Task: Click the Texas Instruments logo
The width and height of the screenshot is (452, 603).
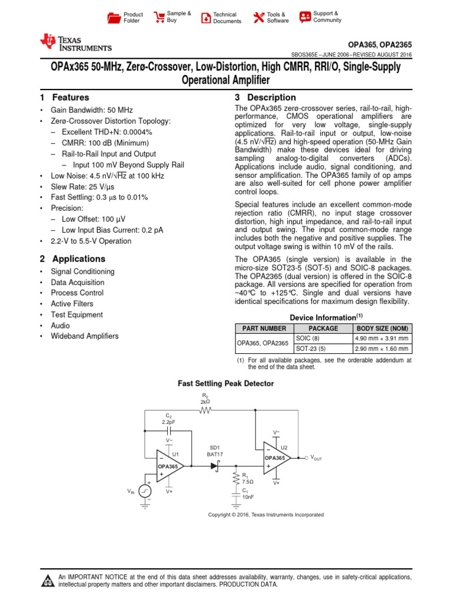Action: (75, 43)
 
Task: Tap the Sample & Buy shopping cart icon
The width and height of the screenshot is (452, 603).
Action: (159, 17)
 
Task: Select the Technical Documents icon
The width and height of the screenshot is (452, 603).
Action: (205, 18)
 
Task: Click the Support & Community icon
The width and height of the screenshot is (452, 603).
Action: (305, 17)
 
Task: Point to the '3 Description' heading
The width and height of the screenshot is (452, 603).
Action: (265, 98)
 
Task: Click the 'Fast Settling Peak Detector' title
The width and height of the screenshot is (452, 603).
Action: (226, 383)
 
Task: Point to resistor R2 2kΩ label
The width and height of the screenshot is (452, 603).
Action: (205, 398)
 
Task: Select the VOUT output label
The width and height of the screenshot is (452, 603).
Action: (316, 458)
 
